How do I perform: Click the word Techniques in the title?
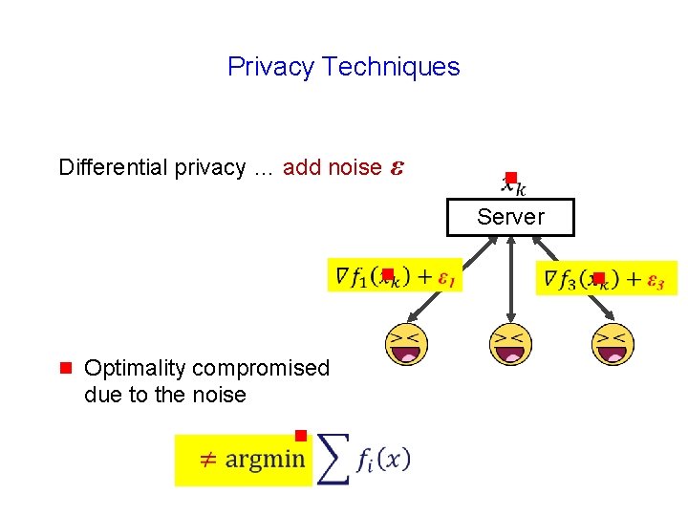point(391,67)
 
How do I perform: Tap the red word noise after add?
point(355,167)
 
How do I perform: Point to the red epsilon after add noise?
point(398,168)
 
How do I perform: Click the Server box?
point(510,217)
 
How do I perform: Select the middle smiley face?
point(510,345)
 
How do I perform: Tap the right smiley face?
point(613,345)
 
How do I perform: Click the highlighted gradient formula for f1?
point(394,276)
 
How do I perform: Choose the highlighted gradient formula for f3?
point(606,278)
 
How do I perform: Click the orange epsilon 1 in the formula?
point(445,278)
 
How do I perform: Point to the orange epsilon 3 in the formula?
point(656,280)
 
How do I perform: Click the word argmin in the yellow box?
point(265,460)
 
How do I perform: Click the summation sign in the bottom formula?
point(332,460)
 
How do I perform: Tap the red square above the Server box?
point(511,178)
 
